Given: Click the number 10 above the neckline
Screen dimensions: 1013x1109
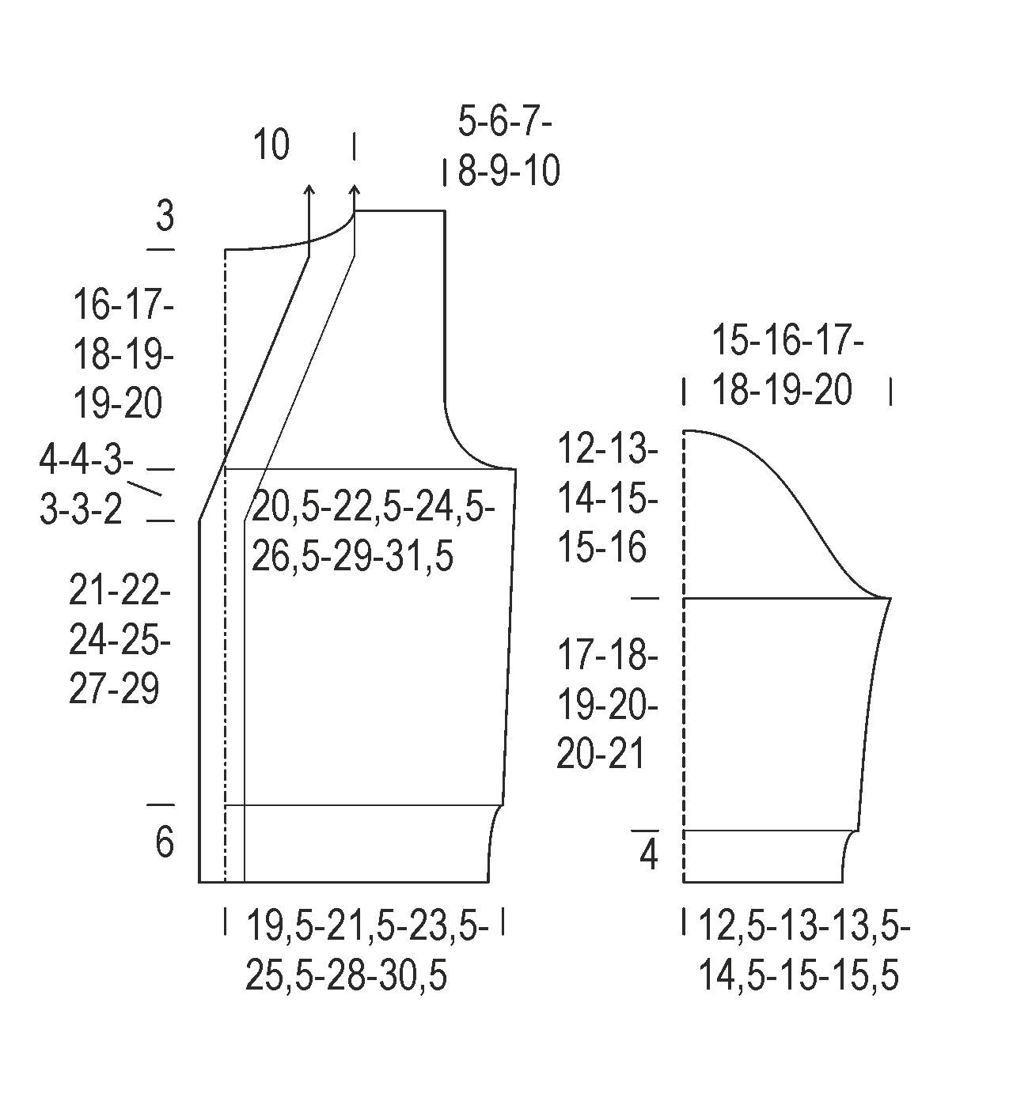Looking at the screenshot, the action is coord(271,146).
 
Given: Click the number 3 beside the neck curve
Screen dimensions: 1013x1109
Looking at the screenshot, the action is coord(165,215).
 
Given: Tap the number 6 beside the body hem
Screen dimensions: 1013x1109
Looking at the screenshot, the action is coord(164,842).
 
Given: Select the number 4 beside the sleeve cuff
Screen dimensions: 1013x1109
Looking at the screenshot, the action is coord(648,855).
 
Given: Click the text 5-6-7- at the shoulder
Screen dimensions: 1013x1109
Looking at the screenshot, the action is coord(505,123).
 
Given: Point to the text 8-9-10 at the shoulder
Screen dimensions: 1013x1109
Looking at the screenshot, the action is coord(509,171).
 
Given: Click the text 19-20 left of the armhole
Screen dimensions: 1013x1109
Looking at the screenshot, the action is coord(118,403).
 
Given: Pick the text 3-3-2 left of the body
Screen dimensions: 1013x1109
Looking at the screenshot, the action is coord(82,509).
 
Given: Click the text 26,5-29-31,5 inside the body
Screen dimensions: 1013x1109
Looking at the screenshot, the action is coord(352,557).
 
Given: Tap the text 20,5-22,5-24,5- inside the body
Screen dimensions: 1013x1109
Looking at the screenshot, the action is coord(373,507).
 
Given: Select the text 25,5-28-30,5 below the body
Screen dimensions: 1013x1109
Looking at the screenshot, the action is coord(346,975).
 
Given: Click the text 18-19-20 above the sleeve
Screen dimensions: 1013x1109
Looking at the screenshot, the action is coord(782,390).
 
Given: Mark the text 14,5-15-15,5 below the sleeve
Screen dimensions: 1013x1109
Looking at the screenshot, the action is coord(798,975).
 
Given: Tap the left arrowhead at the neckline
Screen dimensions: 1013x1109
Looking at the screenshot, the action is coord(309,189).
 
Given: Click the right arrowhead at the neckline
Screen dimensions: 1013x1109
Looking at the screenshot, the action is coord(355,189).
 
